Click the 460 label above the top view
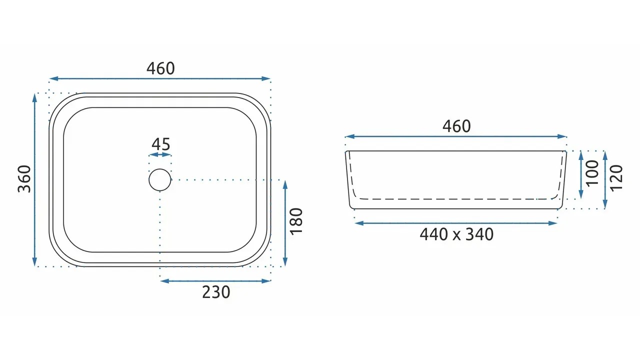click(x=160, y=68)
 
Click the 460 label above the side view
click(x=456, y=126)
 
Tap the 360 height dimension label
click(x=24, y=179)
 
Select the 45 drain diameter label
click(x=160, y=144)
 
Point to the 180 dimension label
click(x=296, y=221)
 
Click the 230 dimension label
click(x=216, y=292)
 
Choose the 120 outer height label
click(x=616, y=178)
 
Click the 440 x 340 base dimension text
click(x=456, y=234)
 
